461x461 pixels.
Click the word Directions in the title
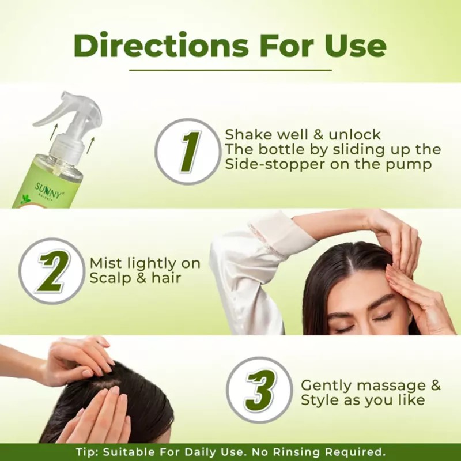[x=161, y=46]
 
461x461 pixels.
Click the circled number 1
[x=188, y=152]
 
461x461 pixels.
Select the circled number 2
[x=51, y=271]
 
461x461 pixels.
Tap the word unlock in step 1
[x=354, y=135]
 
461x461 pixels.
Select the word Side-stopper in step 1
[x=274, y=164]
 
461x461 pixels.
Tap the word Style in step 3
[x=320, y=400]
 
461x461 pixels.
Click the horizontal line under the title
[x=231, y=70]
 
